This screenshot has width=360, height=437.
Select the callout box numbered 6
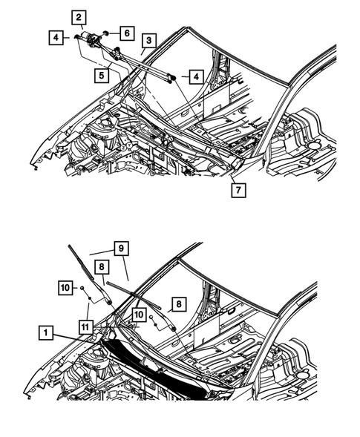coord(127,33)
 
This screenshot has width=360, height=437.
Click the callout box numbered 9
coord(120,249)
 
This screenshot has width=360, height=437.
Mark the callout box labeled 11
coord(87,324)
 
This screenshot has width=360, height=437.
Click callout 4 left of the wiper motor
coord(56,36)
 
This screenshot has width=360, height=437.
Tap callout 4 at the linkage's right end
coord(195,76)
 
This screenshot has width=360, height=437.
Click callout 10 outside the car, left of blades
coord(65,286)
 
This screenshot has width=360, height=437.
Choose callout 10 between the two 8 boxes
coord(137,316)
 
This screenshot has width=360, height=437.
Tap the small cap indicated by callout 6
coord(107,33)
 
